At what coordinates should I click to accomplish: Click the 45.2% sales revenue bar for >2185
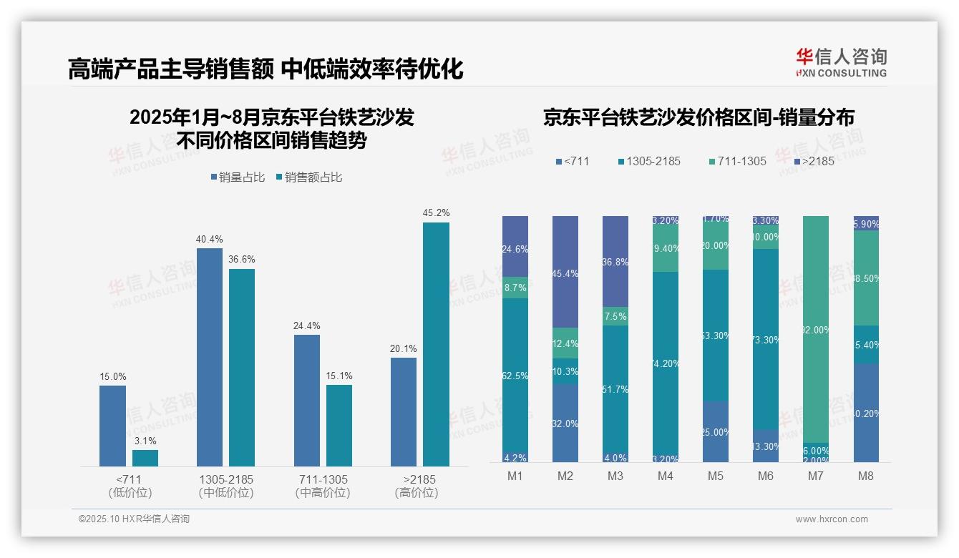(x=436, y=344)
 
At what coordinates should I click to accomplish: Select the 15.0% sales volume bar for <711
(x=112, y=426)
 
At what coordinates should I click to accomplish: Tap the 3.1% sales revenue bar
(x=145, y=458)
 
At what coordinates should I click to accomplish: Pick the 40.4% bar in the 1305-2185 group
(x=210, y=357)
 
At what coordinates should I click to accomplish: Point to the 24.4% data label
(x=306, y=325)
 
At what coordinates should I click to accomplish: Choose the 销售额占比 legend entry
(x=308, y=177)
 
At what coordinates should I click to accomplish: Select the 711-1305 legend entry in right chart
(x=736, y=162)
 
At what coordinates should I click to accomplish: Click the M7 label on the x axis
(x=816, y=476)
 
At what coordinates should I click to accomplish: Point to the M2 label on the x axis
(x=565, y=476)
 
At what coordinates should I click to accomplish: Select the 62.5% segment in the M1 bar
(x=515, y=376)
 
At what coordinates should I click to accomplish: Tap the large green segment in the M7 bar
(x=816, y=329)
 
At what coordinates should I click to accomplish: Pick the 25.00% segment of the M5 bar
(x=716, y=431)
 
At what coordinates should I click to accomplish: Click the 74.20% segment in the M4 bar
(x=666, y=363)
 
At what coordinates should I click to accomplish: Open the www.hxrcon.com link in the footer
(x=832, y=519)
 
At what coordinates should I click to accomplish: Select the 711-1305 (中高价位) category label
(x=322, y=486)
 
